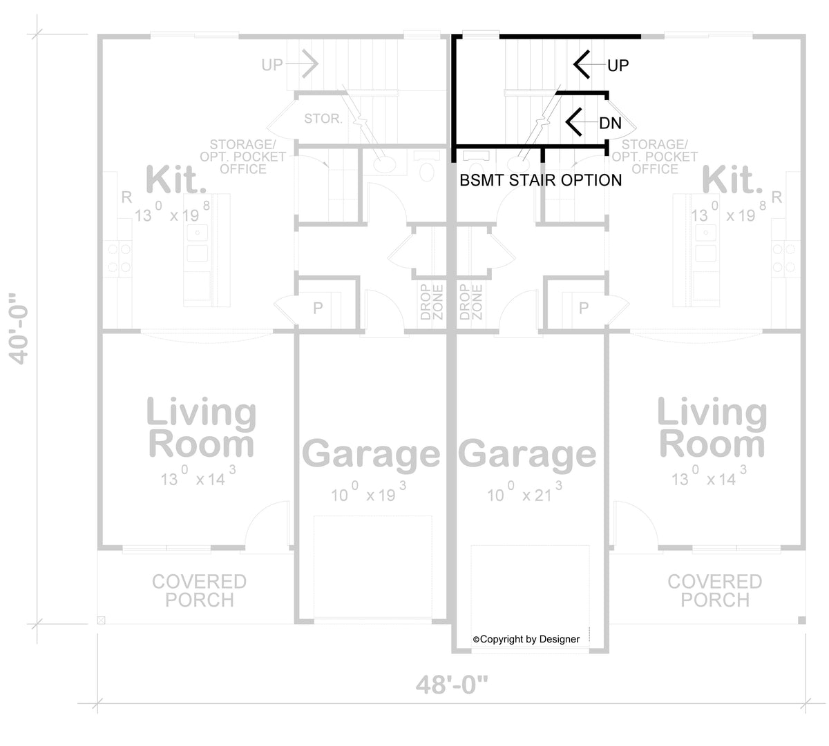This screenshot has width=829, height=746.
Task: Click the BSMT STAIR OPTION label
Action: pos(540,180)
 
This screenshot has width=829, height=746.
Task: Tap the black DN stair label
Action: pos(611,123)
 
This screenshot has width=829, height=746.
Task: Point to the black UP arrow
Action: pos(590,64)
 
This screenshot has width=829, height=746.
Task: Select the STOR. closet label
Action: pos(323,119)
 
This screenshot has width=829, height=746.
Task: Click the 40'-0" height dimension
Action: pos(19,329)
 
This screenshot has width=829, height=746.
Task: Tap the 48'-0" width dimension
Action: pos(452,685)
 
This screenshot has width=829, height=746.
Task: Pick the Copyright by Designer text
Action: pos(526,639)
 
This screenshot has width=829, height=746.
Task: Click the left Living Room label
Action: pos(201,427)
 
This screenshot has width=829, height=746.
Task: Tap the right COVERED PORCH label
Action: pos(715,591)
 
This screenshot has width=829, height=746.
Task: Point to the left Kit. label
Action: pos(175,179)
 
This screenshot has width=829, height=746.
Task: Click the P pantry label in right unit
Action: pos(584,308)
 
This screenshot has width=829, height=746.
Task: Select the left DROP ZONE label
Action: pos(432,302)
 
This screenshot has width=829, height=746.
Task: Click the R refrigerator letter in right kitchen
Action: pos(777,197)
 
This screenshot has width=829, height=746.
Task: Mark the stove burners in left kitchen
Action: pos(120,258)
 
